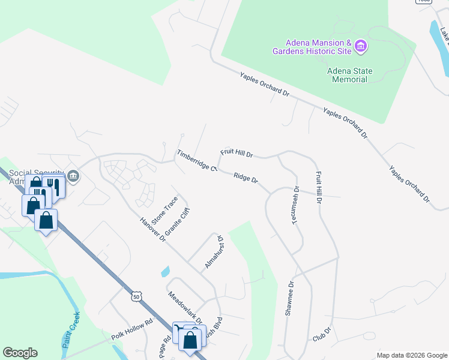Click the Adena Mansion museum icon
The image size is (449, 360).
pyautogui.click(x=361, y=46)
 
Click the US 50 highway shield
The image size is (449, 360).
pyautogui.click(x=137, y=296)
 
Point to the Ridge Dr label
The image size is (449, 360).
pyautogui.click(x=246, y=179)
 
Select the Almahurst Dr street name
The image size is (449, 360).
pyautogui.click(x=214, y=251)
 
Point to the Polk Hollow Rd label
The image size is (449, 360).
pyautogui.click(x=133, y=334)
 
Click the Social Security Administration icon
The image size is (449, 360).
pyautogui.click(x=73, y=176)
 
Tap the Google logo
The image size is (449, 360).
pyautogui.click(x=20, y=353)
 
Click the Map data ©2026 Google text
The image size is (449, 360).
pyautogui.click(x=411, y=355)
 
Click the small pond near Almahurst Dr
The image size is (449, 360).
pyautogui.click(x=164, y=271)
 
